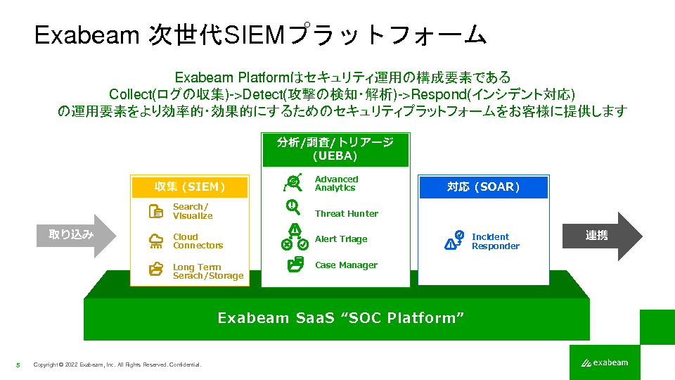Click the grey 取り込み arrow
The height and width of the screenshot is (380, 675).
click(76, 235)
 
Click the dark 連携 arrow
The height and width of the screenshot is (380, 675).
click(603, 236)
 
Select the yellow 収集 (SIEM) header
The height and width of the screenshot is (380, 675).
click(190, 187)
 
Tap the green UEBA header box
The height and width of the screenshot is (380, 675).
click(336, 149)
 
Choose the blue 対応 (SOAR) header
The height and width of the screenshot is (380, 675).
click(484, 187)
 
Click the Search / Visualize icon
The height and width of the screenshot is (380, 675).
click(156, 211)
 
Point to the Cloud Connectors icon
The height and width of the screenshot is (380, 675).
click(156, 241)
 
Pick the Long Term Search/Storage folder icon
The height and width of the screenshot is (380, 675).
click(156, 269)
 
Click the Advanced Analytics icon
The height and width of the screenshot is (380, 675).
click(293, 183)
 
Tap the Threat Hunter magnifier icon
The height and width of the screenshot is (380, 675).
click(293, 208)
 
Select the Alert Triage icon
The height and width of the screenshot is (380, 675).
click(295, 237)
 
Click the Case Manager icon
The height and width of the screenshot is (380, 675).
click(295, 264)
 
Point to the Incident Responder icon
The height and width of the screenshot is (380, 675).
click(454, 240)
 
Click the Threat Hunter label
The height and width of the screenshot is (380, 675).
click(347, 214)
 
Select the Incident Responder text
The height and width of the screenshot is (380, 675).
click(496, 241)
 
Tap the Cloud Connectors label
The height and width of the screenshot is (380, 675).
click(198, 241)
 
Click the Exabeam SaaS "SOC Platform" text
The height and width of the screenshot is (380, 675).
click(340, 318)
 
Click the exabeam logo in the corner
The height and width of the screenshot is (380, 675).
click(605, 363)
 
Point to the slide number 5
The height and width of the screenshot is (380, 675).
click(18, 365)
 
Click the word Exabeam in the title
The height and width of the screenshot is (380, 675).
click(87, 35)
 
